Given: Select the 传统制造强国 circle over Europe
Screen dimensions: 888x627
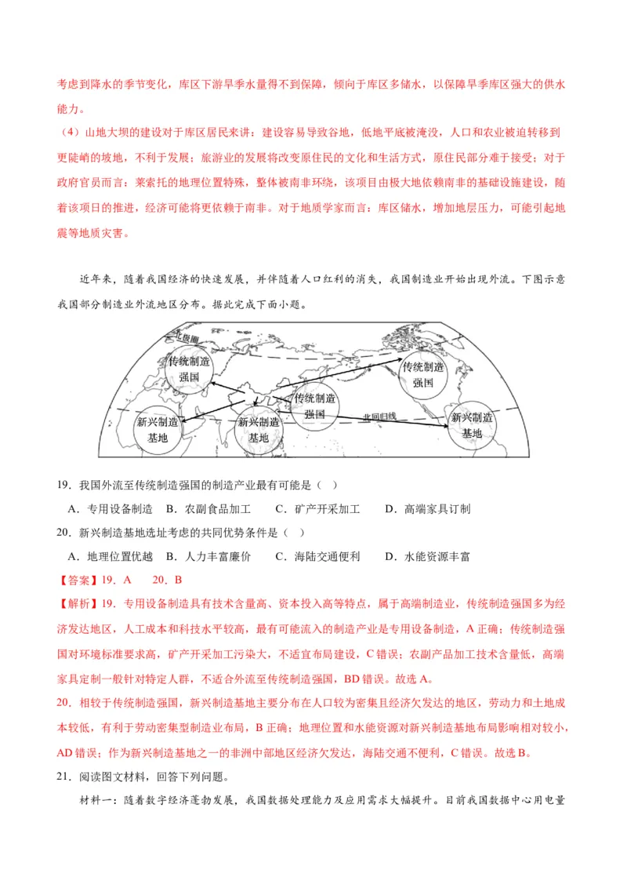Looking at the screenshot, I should coord(190,369).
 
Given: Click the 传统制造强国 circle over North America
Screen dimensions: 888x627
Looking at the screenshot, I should coord(423,374).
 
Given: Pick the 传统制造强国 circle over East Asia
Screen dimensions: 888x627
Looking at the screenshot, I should coord(315,406).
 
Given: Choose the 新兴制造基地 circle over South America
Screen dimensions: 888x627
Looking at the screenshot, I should coord(472,424).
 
